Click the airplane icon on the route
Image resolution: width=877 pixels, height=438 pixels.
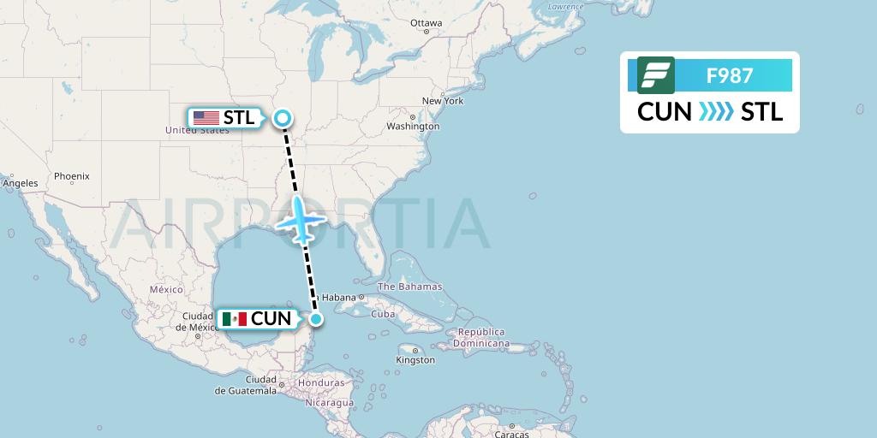tap(301, 219)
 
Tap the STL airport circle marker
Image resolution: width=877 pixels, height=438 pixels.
tap(282, 119)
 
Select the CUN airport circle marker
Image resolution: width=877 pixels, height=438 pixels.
tap(316, 319)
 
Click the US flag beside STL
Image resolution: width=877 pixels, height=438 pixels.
tap(206, 118)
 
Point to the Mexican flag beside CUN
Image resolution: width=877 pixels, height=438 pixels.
tap(234, 319)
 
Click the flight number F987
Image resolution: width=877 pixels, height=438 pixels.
tap(730, 75)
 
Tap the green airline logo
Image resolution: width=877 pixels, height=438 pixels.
tap(656, 75)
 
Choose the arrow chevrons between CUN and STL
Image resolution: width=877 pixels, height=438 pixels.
tap(716, 112)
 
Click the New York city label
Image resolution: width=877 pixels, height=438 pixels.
tap(443, 101)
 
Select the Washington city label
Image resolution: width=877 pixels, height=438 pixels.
tap(413, 127)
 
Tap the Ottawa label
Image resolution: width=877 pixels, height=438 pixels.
tap(426, 23)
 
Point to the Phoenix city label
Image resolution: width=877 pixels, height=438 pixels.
tap(72, 176)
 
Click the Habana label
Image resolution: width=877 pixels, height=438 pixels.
tap(337, 298)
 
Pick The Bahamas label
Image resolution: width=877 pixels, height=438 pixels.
tap(409, 287)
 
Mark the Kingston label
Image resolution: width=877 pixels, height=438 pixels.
tap(415, 360)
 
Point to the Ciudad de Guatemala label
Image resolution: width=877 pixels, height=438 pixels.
tap(247, 385)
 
